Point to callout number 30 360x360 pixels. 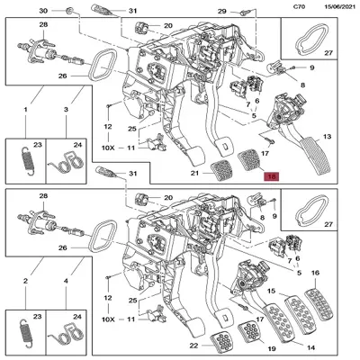[43, 10]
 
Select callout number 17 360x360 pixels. [265, 154]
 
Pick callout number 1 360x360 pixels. [26, 109]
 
